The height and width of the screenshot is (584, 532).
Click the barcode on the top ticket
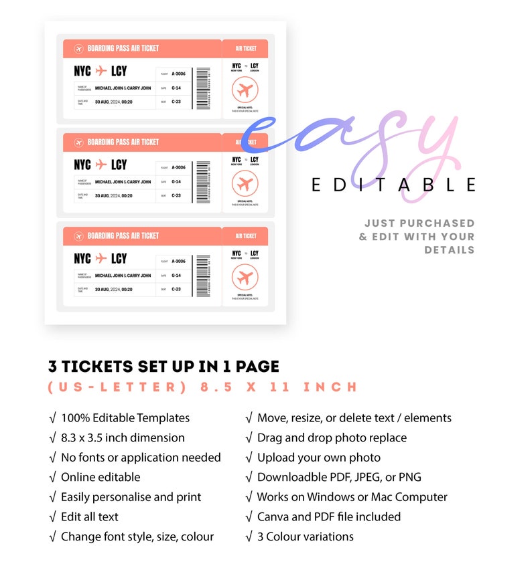click(203, 88)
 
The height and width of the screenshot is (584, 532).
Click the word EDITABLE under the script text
click(393, 185)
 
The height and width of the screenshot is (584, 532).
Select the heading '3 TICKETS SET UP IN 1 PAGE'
click(163, 367)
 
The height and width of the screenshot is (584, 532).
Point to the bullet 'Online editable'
click(101, 477)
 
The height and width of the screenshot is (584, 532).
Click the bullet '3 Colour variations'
click(305, 537)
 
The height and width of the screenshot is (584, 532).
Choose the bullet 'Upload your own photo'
click(318, 458)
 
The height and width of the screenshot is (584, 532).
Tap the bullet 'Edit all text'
click(90, 516)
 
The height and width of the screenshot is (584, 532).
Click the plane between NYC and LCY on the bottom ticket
click(101, 258)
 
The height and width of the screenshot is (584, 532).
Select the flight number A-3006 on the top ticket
click(178, 74)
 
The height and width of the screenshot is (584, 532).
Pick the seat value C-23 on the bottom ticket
click(176, 289)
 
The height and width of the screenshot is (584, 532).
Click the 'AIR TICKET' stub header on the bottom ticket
click(245, 236)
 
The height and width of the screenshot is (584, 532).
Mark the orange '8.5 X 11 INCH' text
click(279, 387)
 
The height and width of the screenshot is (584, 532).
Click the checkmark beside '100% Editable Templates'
click(52, 418)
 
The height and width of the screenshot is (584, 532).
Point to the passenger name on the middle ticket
click(123, 181)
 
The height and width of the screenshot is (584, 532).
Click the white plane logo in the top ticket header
click(78, 49)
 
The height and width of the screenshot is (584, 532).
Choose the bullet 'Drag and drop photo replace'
click(332, 437)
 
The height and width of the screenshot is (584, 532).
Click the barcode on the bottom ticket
click(203, 275)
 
